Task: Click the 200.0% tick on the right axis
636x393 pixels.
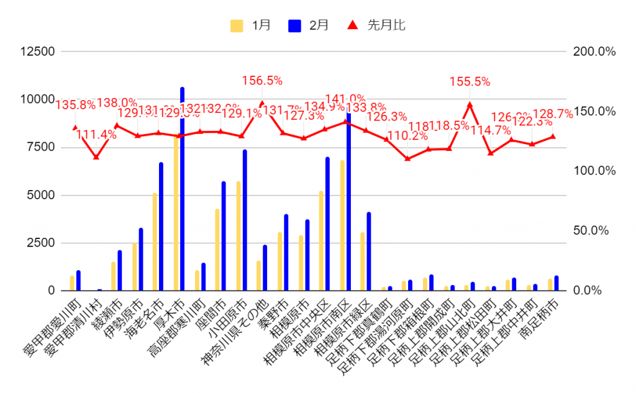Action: (594, 52)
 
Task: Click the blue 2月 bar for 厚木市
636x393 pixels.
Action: (183, 189)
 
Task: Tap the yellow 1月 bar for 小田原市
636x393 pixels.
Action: (238, 236)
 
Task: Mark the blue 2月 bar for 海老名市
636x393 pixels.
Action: (161, 227)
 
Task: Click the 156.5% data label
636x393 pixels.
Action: (262, 81)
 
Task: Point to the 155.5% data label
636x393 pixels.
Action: (470, 81)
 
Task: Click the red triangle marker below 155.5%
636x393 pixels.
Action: (470, 105)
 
